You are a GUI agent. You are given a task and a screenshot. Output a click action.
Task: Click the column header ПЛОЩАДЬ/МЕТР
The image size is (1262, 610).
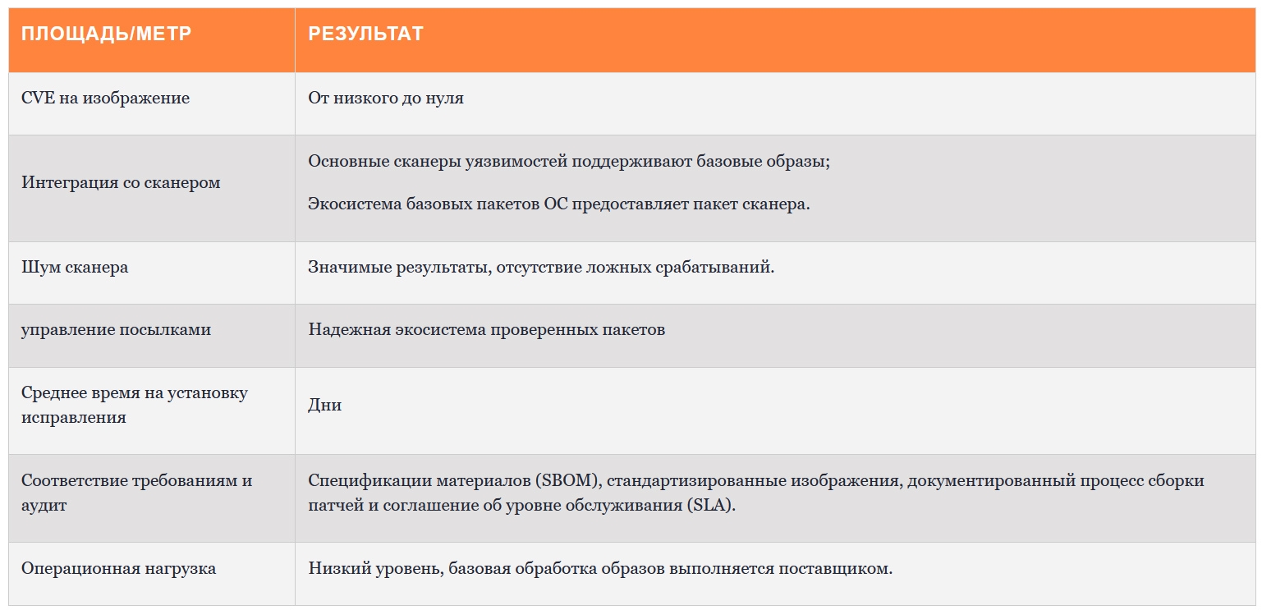coord(106,34)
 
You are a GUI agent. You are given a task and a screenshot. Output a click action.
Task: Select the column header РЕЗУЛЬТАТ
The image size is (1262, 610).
coord(365,34)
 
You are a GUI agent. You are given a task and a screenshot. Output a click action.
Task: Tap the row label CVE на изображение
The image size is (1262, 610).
coord(105,98)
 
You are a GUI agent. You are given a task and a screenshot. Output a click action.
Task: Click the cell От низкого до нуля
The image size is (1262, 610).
coord(386,98)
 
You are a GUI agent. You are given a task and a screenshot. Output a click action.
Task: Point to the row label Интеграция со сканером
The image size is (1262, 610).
coord(121,182)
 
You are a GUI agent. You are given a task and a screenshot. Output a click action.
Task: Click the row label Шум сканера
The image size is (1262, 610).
coord(75,267)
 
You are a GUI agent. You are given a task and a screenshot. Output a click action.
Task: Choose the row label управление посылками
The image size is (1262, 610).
coord(116,329)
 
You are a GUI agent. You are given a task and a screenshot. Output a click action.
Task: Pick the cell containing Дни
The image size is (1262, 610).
coord(324,405)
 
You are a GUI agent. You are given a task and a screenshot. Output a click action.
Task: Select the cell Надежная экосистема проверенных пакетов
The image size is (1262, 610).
coord(487,329)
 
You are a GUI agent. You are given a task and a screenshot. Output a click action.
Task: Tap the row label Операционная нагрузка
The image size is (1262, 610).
coord(118,568)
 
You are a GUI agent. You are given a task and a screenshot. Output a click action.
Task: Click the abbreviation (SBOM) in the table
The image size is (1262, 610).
coord(568,480)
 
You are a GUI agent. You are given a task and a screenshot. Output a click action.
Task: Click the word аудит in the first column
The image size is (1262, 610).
coord(44,505)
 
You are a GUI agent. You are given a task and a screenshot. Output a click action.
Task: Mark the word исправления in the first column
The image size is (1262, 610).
coord(73,417)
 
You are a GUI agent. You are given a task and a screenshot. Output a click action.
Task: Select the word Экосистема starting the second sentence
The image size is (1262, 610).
coord(355,204)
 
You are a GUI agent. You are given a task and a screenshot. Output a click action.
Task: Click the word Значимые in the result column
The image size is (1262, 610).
coord(350,267)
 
